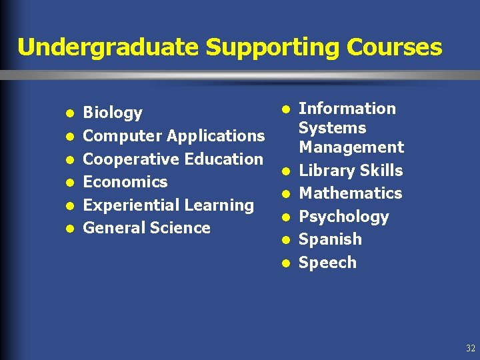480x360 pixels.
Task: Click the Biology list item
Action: point(113,113)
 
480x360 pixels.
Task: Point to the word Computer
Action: point(123,136)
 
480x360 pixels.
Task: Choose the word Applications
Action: point(216,136)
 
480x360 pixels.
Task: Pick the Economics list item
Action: point(125,182)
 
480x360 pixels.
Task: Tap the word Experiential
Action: point(126,205)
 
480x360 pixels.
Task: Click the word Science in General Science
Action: point(180,228)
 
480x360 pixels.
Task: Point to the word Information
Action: point(347,109)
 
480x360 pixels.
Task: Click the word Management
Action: point(351,147)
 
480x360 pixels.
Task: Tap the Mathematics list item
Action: point(351,193)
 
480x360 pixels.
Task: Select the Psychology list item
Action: point(344,217)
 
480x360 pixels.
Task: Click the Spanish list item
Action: point(331,239)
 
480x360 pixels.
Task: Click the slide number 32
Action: point(471,349)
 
